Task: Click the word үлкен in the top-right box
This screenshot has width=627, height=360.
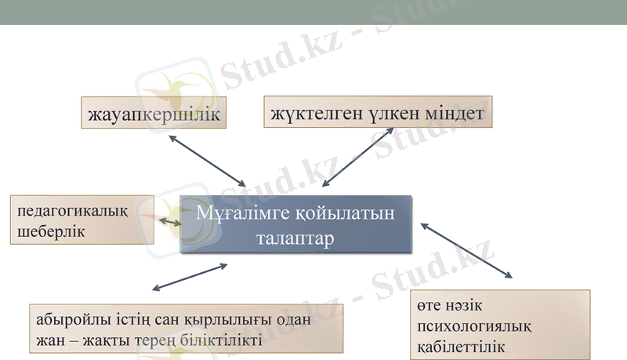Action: point(390,114)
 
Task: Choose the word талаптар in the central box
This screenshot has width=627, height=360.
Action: point(295,238)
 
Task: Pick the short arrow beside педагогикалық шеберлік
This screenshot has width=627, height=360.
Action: point(170,223)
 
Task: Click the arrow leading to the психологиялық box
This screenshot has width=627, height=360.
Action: point(466,250)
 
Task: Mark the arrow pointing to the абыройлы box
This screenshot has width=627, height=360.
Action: point(190,277)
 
